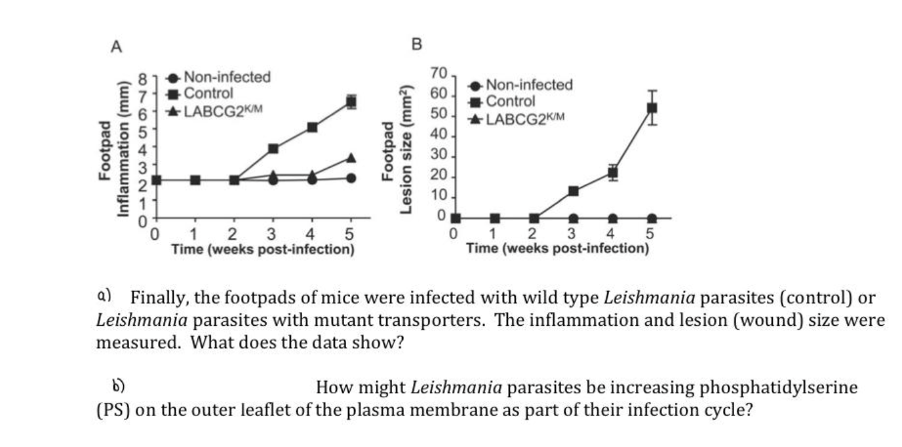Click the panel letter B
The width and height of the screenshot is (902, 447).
click(416, 45)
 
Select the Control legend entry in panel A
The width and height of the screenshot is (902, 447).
click(208, 94)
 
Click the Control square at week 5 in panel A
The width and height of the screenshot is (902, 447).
click(351, 102)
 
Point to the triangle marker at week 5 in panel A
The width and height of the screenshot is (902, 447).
click(351, 158)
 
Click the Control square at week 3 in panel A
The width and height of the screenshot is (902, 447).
click(273, 149)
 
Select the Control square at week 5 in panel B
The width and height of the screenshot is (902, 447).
click(652, 108)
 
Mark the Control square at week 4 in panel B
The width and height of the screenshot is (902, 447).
click(612, 173)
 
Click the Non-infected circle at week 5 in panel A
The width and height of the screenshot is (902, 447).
click(351, 178)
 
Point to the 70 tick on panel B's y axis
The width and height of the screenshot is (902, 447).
click(438, 73)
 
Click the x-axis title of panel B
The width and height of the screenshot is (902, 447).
click(557, 248)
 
